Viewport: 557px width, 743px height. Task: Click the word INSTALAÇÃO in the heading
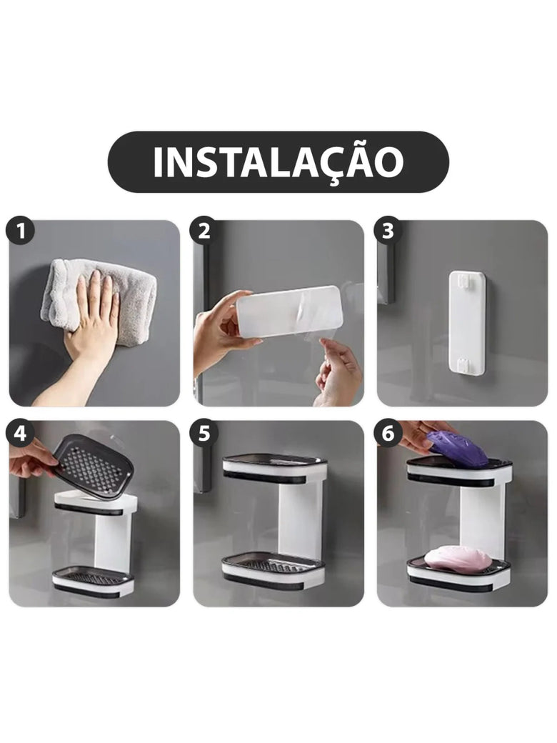[x=278, y=162]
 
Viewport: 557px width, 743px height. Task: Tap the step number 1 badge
[x=20, y=231]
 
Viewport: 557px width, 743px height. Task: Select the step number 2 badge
[x=204, y=231]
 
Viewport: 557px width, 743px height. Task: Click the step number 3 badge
[x=388, y=231]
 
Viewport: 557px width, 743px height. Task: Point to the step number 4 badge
[x=20, y=433]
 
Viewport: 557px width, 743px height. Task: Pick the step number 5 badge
[x=204, y=433]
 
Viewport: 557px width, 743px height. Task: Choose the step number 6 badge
[x=388, y=433]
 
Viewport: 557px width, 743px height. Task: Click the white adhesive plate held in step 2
[x=289, y=311]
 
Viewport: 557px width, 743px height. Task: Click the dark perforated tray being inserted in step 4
[x=93, y=467]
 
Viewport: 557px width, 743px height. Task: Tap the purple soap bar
[x=458, y=448]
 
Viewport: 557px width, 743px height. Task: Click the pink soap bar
[x=458, y=557]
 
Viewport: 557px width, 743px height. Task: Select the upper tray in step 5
[x=275, y=469]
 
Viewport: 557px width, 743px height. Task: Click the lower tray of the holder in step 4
[x=93, y=581]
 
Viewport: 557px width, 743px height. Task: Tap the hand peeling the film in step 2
[x=337, y=372]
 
